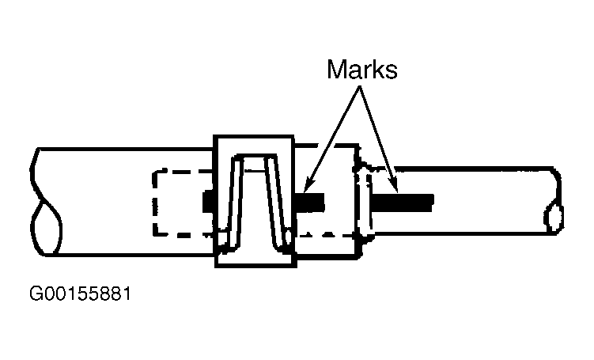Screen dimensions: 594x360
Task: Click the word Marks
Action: point(362,70)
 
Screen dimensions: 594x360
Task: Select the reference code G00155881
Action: point(81,294)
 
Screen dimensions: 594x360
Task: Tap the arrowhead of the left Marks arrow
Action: point(308,186)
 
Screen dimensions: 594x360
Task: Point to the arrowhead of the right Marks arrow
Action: point(395,187)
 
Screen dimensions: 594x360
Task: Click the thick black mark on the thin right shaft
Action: point(403,203)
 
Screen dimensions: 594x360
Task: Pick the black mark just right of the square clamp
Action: point(309,202)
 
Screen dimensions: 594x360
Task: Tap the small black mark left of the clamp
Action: point(209,202)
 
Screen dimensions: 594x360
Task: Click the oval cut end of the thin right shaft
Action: point(554,217)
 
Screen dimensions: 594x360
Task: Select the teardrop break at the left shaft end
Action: point(46,227)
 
